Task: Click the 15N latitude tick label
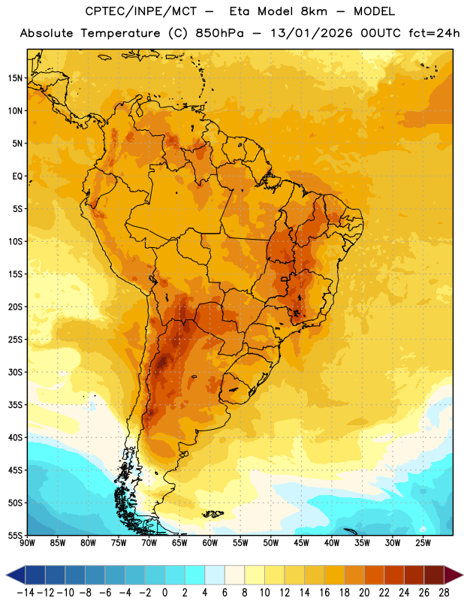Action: click(x=15, y=78)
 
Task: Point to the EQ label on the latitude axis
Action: click(x=17, y=177)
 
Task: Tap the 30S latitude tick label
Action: click(x=15, y=372)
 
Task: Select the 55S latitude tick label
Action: click(x=15, y=536)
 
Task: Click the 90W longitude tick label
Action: click(x=27, y=543)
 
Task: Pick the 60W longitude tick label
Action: click(x=210, y=543)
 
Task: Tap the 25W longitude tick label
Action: click(x=423, y=543)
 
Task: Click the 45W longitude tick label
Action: click(x=301, y=543)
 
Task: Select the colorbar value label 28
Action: click(x=444, y=593)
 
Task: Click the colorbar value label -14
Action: click(x=26, y=593)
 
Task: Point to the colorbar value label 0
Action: click(x=164, y=593)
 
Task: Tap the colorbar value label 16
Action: click(x=324, y=593)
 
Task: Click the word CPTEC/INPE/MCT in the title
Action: click(x=140, y=11)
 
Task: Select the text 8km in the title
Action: click(x=314, y=11)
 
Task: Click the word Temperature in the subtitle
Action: click(x=120, y=33)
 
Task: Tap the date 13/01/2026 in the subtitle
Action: click(x=311, y=33)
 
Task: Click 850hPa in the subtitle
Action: click(x=219, y=33)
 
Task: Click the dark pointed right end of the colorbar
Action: click(x=454, y=575)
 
